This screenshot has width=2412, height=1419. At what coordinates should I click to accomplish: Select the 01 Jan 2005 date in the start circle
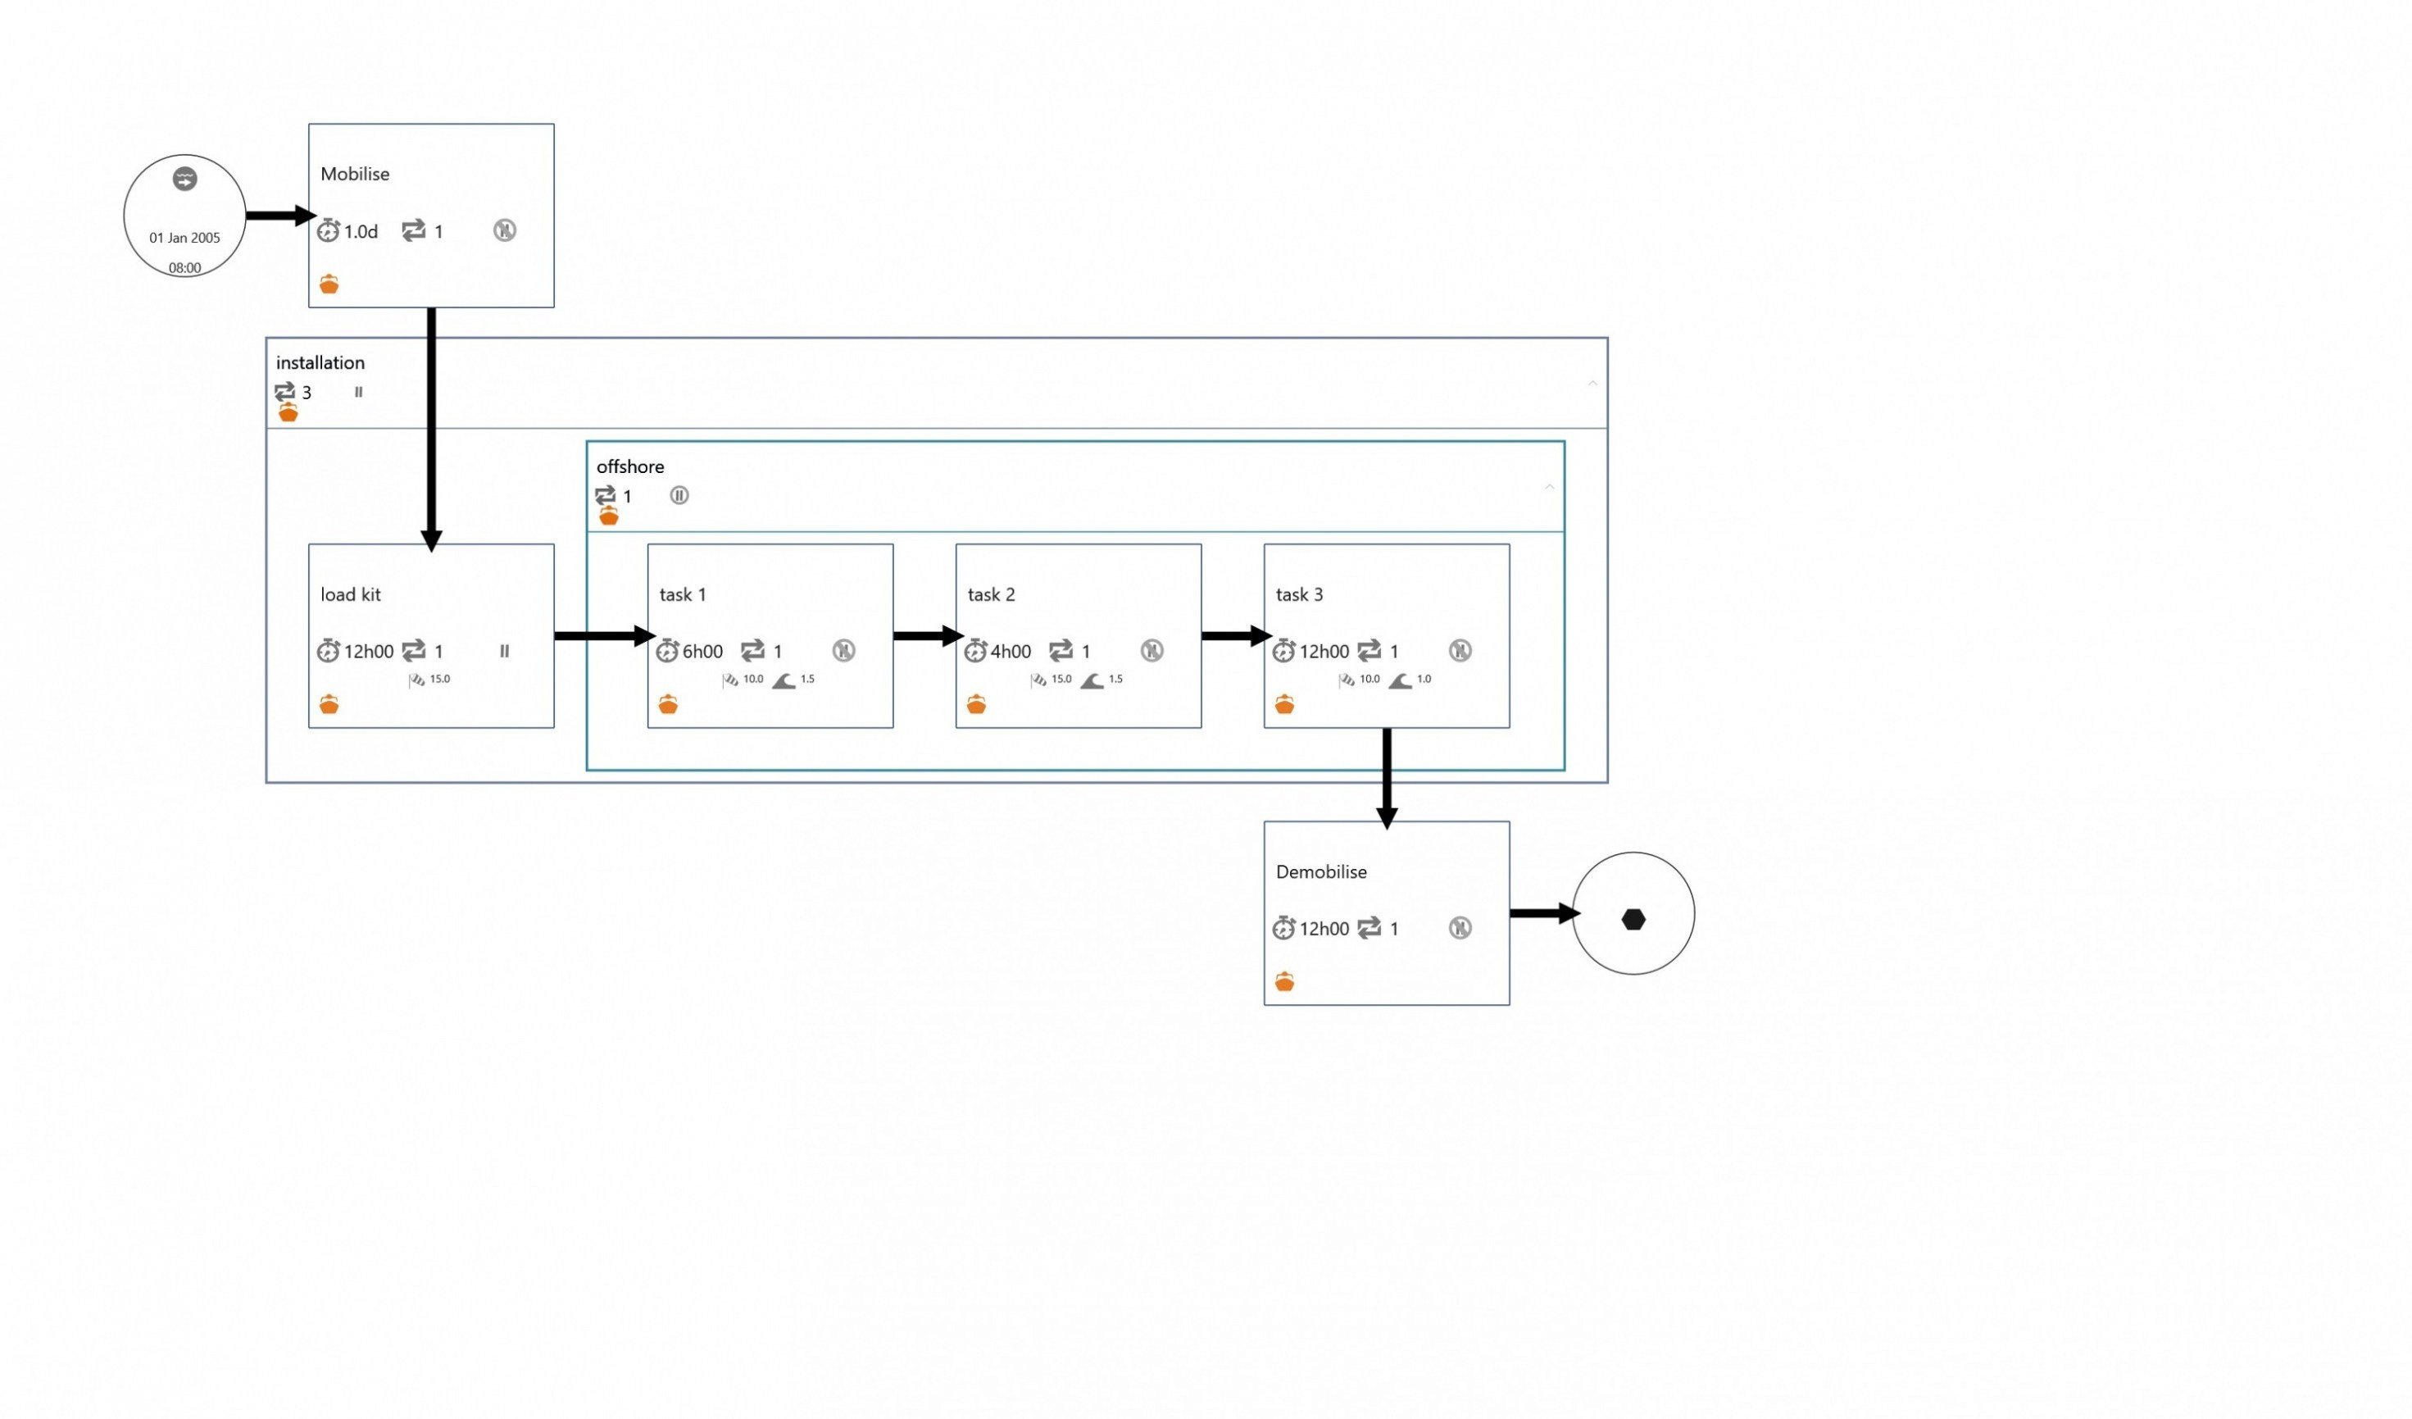pyautogui.click(x=184, y=238)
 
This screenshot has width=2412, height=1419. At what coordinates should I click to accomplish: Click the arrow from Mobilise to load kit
pyautogui.click(x=431, y=430)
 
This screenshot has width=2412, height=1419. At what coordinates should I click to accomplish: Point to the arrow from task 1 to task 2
pyautogui.click(x=929, y=636)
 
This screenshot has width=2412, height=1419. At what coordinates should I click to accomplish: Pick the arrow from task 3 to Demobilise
pyautogui.click(x=1386, y=779)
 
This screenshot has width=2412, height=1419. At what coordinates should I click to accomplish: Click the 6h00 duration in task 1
pyautogui.click(x=702, y=652)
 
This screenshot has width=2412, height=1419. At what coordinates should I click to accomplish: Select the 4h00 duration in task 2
pyautogui.click(x=1011, y=652)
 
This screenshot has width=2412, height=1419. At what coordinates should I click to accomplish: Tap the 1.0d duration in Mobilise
pyautogui.click(x=361, y=232)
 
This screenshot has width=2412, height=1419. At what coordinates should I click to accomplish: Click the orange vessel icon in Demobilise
pyautogui.click(x=1284, y=981)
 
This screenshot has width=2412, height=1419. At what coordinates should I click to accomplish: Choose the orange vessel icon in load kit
pyautogui.click(x=329, y=705)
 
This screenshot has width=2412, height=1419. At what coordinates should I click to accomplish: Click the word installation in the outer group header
pyautogui.click(x=320, y=363)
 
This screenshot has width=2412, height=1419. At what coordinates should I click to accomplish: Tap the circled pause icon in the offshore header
pyautogui.click(x=679, y=495)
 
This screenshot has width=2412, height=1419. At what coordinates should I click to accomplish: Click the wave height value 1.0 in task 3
pyautogui.click(x=1424, y=679)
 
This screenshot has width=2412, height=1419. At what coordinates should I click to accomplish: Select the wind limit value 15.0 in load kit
pyautogui.click(x=440, y=679)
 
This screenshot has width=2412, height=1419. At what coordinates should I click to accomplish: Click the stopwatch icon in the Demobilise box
pyautogui.click(x=1283, y=928)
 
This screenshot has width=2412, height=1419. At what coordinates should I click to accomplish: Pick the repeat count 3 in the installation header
pyautogui.click(x=307, y=393)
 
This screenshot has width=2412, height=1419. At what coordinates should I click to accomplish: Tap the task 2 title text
pyautogui.click(x=991, y=594)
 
